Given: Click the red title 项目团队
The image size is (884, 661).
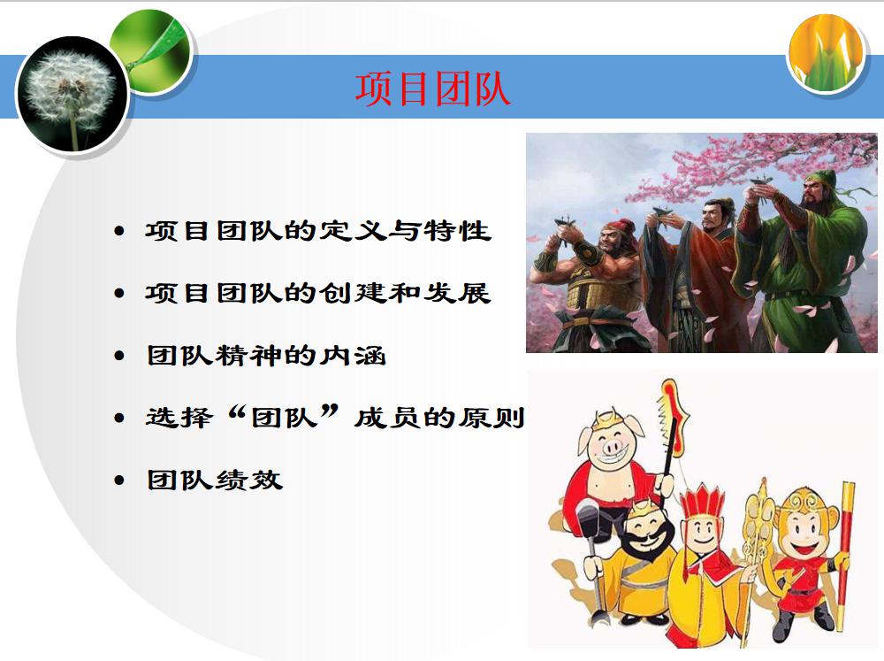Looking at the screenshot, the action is click(432, 89).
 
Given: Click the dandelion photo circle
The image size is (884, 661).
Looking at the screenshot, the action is click(72, 95).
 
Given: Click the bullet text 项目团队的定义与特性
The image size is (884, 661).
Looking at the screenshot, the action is click(318, 231).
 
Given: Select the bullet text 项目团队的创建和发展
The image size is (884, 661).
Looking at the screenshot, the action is click(318, 293).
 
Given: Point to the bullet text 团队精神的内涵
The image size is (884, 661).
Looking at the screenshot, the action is click(266, 356).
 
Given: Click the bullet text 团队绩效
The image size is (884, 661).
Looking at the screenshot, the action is click(214, 480).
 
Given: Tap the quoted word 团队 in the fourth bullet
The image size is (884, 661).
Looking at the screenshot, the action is click(284, 418).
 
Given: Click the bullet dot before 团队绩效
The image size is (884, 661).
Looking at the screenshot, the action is click(119, 480).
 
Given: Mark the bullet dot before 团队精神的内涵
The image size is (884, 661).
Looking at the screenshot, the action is click(119, 357).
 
